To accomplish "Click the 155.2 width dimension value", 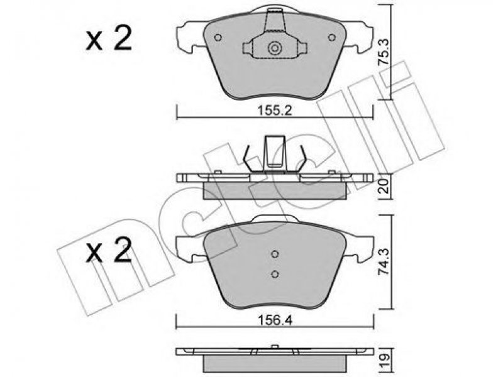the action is (x=275, y=111).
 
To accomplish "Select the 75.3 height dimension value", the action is (x=384, y=52).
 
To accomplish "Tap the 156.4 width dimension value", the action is (x=275, y=320).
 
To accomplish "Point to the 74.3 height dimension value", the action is (x=384, y=262).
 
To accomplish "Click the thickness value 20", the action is (x=385, y=186).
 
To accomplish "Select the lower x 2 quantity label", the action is (x=109, y=250).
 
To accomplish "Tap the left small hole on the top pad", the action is (x=218, y=38).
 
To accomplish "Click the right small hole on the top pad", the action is (x=332, y=38).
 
